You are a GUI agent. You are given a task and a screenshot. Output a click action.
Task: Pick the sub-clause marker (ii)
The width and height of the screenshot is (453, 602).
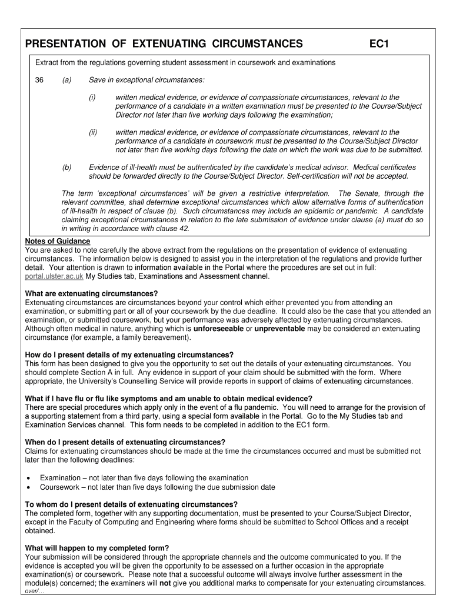[93, 133]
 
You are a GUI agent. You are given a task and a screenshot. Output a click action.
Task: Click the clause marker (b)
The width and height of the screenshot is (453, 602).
[66, 168]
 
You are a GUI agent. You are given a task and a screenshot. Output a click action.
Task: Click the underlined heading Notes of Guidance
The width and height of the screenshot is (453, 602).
[58, 242]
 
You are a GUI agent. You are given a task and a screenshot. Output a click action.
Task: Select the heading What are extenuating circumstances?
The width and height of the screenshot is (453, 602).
[91, 294]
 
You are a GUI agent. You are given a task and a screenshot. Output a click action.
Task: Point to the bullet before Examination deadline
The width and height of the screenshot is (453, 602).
[29, 478]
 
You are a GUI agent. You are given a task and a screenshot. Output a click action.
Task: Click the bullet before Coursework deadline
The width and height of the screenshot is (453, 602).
[29, 487]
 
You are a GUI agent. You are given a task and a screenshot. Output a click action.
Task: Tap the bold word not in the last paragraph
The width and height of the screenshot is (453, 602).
[165, 583]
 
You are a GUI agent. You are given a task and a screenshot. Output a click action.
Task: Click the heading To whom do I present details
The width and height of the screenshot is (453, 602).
[131, 504]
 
